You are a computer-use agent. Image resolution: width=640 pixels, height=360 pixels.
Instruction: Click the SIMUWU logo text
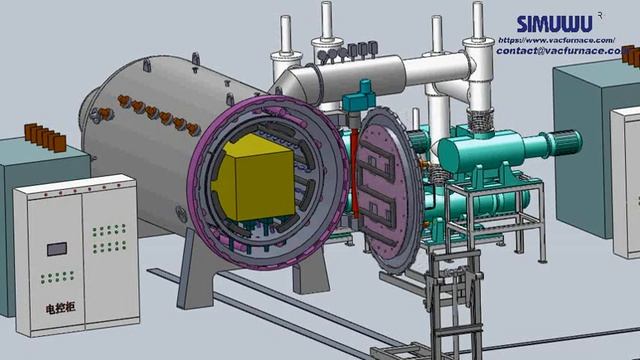pyautogui.click(x=554, y=23)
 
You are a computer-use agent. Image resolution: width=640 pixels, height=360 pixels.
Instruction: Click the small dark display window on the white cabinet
pyautogui.click(x=57, y=248)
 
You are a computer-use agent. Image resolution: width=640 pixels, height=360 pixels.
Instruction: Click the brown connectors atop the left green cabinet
pyautogui.click(x=44, y=137)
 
